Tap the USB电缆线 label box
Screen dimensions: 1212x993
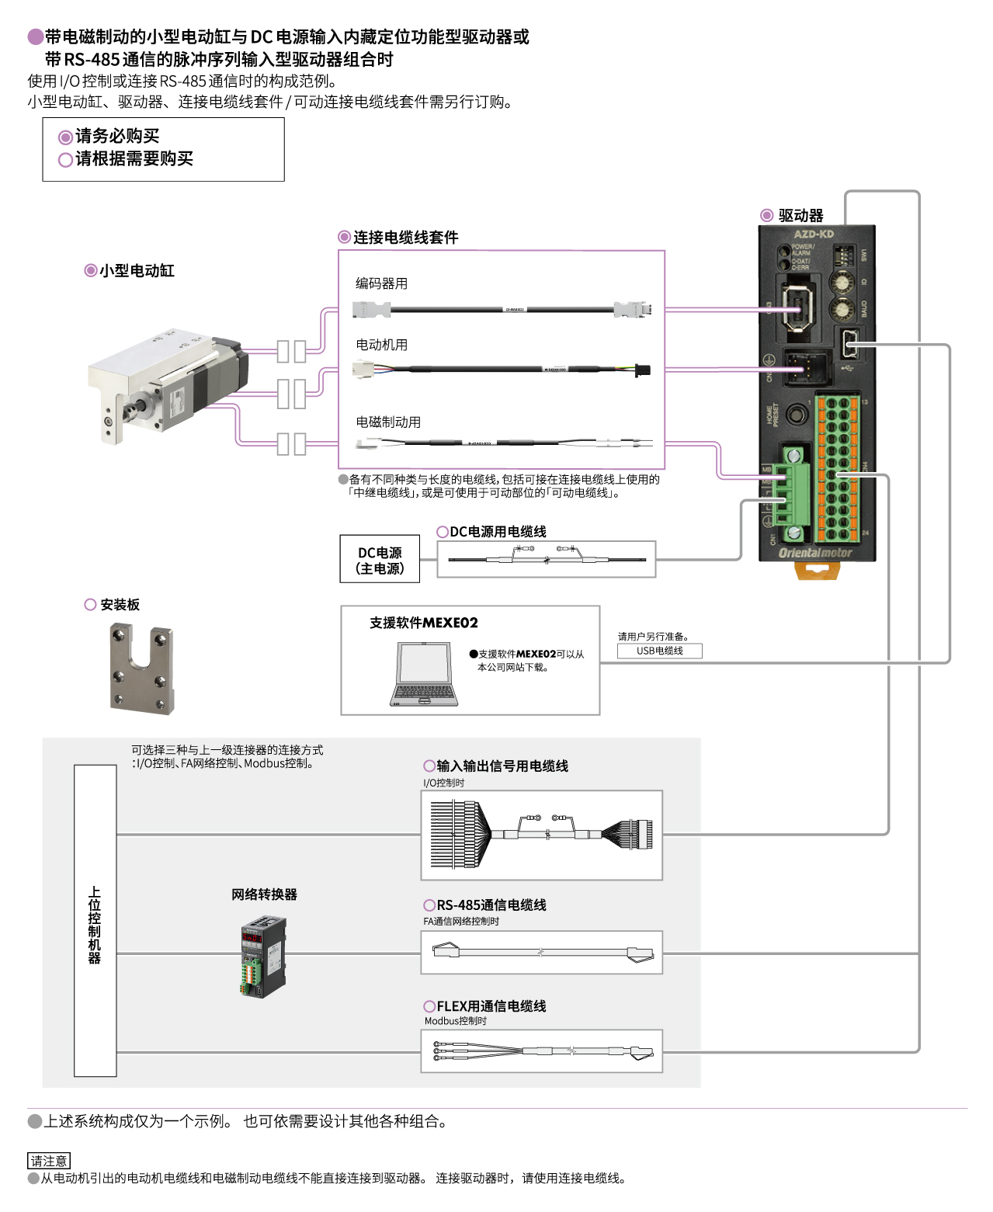click(x=660, y=651)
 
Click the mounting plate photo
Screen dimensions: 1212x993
click(x=142, y=668)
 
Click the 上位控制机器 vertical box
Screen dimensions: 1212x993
click(x=95, y=921)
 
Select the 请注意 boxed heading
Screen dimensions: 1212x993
click(x=49, y=1161)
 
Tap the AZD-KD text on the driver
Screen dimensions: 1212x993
click(x=814, y=234)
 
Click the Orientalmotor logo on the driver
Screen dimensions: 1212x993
click(x=815, y=553)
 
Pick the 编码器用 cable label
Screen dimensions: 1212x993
click(x=381, y=283)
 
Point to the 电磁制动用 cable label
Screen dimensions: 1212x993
click(x=388, y=422)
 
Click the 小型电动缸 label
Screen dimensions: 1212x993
click(x=136, y=270)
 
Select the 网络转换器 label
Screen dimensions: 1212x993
click(x=264, y=894)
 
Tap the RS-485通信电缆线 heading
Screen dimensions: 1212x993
click(x=491, y=905)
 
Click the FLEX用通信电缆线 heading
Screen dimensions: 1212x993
click(x=491, y=1005)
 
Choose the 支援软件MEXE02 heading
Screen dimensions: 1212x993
click(x=424, y=623)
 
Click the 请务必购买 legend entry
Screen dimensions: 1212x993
click(x=116, y=136)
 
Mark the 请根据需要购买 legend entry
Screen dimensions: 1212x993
click(x=133, y=158)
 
